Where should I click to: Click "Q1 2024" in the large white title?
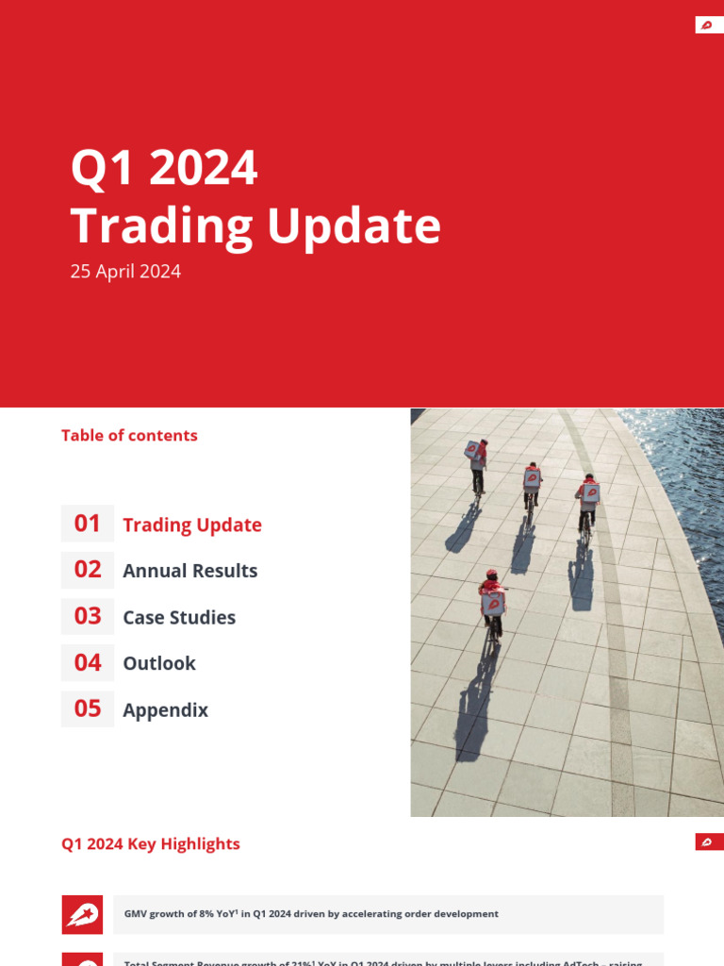click(x=164, y=169)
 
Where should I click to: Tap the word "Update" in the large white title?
click(x=354, y=226)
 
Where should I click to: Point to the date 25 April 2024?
click(x=125, y=272)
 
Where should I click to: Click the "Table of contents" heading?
click(x=129, y=436)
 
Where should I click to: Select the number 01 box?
click(x=88, y=524)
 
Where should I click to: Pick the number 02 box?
click(x=88, y=570)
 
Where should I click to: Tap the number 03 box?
click(x=88, y=616)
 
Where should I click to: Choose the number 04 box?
click(x=88, y=662)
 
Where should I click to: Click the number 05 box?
click(x=88, y=708)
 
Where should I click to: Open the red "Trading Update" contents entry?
click(x=192, y=525)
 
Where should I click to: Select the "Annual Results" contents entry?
click(x=189, y=571)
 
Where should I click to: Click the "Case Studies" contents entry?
click(x=179, y=617)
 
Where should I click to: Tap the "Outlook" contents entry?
click(x=159, y=663)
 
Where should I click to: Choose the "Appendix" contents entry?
click(x=165, y=709)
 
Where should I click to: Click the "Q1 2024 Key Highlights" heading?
click(x=151, y=844)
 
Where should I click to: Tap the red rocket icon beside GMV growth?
click(x=82, y=914)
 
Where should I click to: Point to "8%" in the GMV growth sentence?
click(x=205, y=914)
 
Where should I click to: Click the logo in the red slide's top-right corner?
click(x=708, y=25)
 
